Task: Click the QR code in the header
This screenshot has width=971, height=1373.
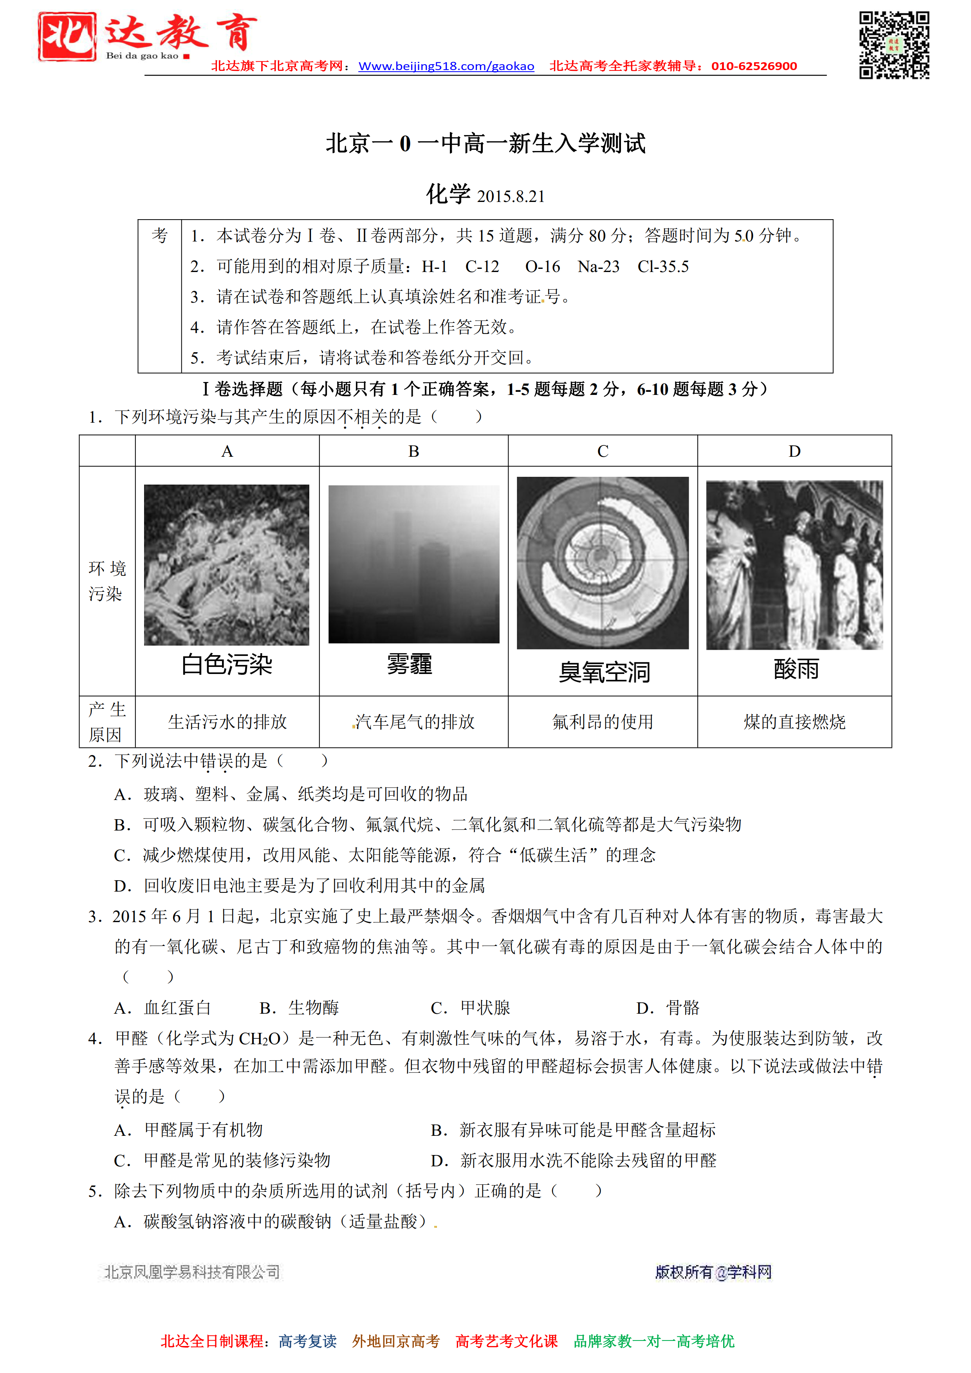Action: click(x=894, y=45)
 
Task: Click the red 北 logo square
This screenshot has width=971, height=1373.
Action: click(x=67, y=36)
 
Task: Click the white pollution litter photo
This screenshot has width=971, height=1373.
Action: click(x=227, y=564)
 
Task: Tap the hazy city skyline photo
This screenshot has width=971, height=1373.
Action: click(x=413, y=564)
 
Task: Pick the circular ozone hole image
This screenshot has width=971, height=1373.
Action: click(x=603, y=563)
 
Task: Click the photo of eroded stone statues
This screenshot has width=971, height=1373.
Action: click(x=794, y=565)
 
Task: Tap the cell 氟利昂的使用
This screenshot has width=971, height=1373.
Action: click(x=603, y=722)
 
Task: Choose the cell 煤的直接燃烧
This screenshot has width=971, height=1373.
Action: click(x=794, y=722)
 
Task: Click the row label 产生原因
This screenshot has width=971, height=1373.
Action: click(x=106, y=722)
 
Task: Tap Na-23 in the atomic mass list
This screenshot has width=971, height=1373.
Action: click(x=598, y=267)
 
